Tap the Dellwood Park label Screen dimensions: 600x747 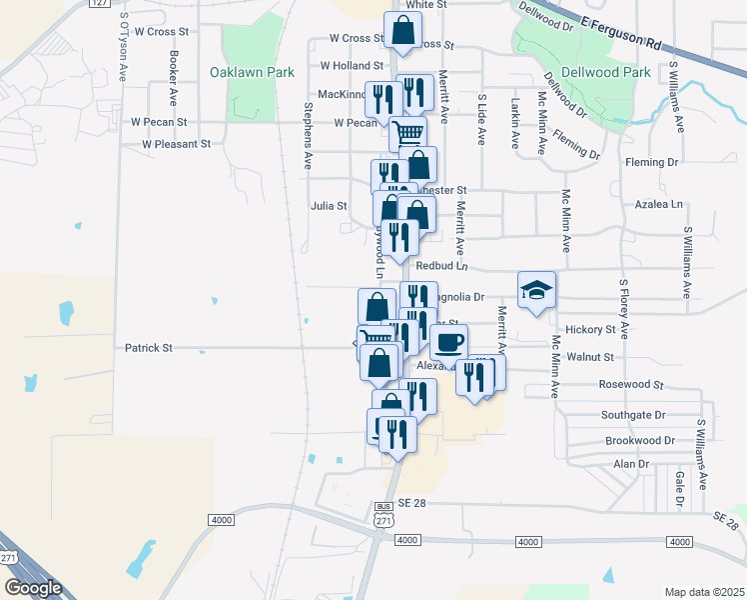point(606,72)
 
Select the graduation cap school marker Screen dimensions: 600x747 point(537,290)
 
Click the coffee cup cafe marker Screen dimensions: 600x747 point(448,342)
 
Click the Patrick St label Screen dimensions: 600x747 point(149,348)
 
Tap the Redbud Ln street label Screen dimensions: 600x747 point(441,266)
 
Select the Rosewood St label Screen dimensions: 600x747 point(631,384)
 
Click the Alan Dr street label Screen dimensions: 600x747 point(631,464)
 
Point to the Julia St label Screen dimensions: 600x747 point(329,207)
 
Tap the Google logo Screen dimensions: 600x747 point(33,588)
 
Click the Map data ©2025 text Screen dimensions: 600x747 point(705,592)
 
